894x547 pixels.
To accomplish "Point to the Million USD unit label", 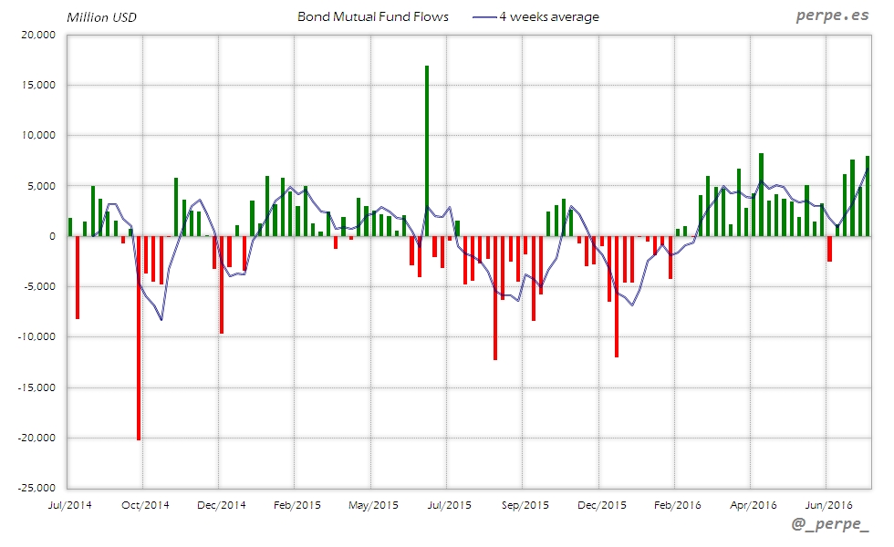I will click(x=101, y=16).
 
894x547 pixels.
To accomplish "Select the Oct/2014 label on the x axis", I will click(x=144, y=504).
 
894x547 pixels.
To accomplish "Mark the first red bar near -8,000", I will click(x=78, y=277).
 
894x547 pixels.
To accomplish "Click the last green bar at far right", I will click(x=868, y=196).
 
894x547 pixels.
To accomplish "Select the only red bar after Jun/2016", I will click(x=830, y=249).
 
